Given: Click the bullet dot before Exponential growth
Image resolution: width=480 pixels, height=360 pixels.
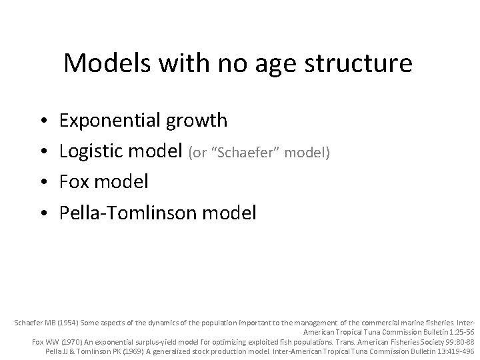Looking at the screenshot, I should [42, 121].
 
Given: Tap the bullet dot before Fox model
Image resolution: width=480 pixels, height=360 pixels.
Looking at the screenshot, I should [42, 182].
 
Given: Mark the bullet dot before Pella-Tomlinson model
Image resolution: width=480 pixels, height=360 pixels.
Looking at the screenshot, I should [42, 213].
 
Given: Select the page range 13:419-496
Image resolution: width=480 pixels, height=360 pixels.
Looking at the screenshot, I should [452, 351].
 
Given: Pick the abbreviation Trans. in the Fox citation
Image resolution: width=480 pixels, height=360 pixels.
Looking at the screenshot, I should [329, 341].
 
